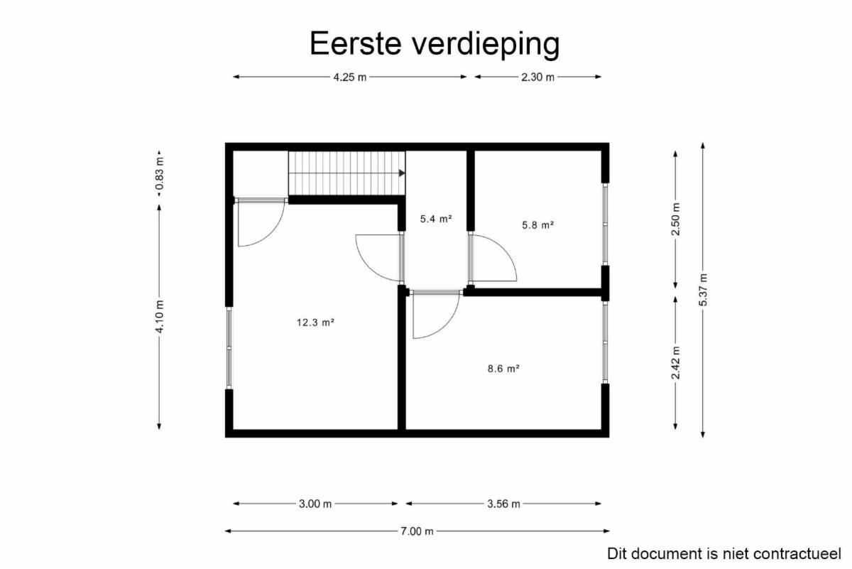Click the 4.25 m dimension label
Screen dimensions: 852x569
click(x=350, y=77)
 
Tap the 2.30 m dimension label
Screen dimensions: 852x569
click(x=537, y=77)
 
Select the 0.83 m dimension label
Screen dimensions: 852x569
click(x=160, y=173)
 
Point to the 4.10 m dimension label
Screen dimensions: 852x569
click(x=160, y=317)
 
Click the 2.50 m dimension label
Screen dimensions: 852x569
click(x=676, y=220)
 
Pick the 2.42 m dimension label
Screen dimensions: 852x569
click(x=676, y=363)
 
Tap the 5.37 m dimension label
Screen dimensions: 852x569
click(x=703, y=290)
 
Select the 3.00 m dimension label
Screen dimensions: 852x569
click(x=315, y=504)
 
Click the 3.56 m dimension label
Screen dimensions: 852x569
click(x=503, y=504)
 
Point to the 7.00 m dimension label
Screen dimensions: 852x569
click(x=417, y=531)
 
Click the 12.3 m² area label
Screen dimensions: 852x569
click(x=315, y=323)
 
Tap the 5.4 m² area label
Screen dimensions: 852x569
click(x=436, y=219)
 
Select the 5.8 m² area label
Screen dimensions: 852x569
click(x=537, y=225)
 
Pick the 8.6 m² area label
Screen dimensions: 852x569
click(x=503, y=369)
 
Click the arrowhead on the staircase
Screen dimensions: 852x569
click(x=402, y=173)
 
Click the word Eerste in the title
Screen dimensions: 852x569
click(x=356, y=43)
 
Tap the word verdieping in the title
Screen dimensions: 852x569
click(x=486, y=45)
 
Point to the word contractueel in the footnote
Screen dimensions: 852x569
click(x=797, y=554)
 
